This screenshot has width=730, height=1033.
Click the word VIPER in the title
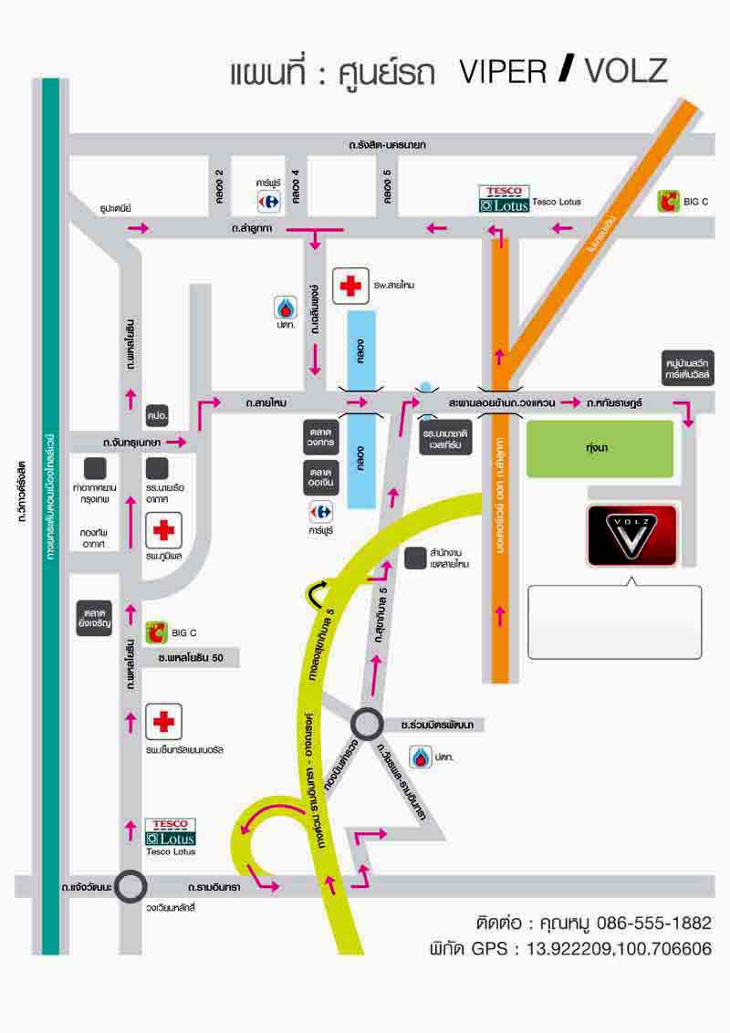[502, 72]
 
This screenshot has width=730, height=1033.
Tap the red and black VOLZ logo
[632, 535]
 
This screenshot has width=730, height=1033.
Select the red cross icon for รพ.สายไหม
[350, 285]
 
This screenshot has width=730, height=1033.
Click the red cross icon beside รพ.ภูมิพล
[164, 530]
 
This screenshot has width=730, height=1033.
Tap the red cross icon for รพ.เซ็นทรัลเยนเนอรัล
[164, 722]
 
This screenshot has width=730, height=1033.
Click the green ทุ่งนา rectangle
[600, 449]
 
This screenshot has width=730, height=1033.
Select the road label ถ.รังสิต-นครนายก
[387, 144]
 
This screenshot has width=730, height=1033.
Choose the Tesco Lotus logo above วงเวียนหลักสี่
[171, 831]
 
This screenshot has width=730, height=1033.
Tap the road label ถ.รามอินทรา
[213, 886]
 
